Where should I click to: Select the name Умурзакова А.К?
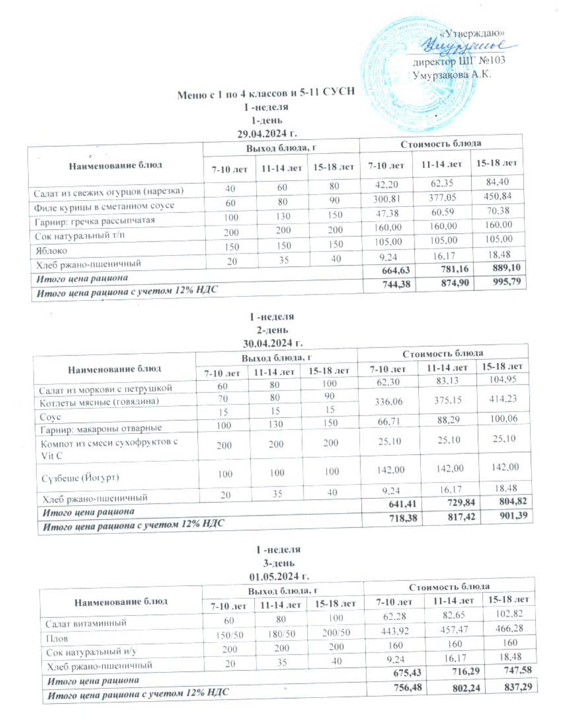point(451,75)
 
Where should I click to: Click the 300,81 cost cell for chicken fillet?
point(387,199)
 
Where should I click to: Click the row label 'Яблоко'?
point(52,251)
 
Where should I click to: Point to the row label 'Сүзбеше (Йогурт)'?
point(80,478)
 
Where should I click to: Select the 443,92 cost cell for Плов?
point(395,631)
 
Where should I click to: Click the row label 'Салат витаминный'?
point(86,623)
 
